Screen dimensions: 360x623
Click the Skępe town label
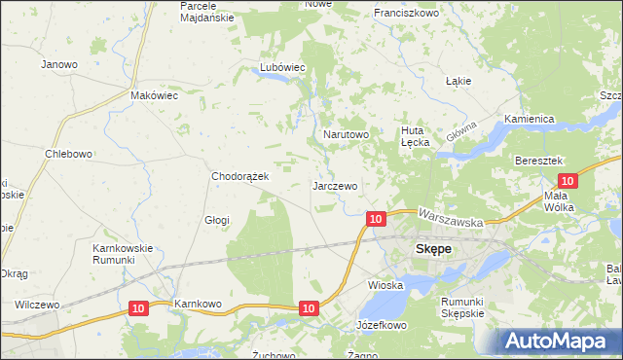click(433, 248)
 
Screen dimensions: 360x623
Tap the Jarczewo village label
click(335, 185)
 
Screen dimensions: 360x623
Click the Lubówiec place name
click(282, 67)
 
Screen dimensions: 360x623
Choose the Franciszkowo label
click(407, 14)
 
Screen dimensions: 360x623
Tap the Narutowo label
click(345, 134)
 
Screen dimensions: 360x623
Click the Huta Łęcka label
click(416, 135)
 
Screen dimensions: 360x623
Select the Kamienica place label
click(529, 119)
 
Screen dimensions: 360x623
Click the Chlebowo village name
click(68, 154)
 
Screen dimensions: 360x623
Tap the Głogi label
click(216, 220)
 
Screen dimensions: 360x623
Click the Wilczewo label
click(37, 305)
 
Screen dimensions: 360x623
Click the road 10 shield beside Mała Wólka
click(568, 180)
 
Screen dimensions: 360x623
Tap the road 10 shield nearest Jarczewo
click(376, 219)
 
